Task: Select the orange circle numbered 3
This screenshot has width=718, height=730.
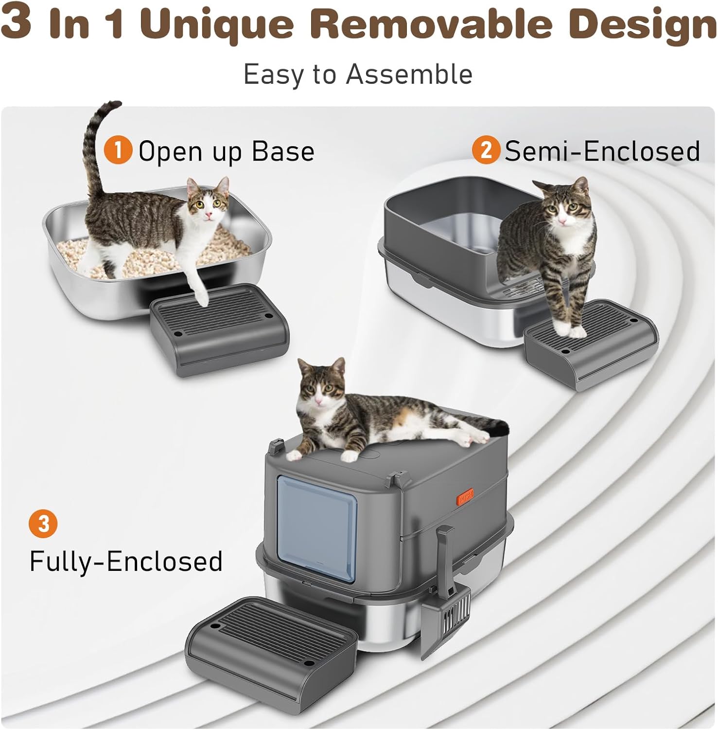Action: coord(43,524)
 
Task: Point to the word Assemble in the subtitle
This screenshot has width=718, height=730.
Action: coord(409,75)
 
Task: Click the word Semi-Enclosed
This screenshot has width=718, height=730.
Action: coord(602,150)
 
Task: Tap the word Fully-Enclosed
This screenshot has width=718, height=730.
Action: coord(126,561)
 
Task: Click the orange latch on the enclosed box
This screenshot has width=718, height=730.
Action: coord(465,499)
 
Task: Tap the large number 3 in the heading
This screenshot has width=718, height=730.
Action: coord(18,22)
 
